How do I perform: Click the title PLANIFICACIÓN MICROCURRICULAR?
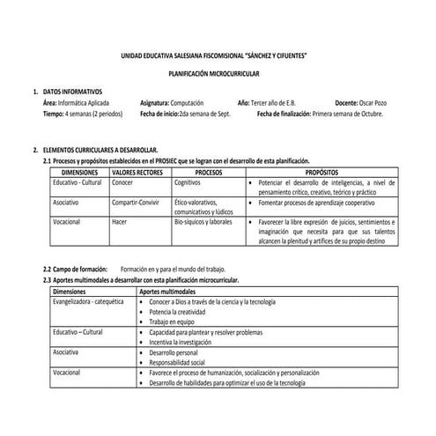pyautogui.click(x=218, y=74)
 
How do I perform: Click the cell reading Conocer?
pyautogui.click(x=123, y=182)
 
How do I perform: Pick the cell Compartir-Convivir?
pyautogui.click(x=139, y=202)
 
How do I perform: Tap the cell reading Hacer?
pyautogui.click(x=121, y=222)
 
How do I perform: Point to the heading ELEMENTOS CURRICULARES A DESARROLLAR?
pyautogui.click(x=100, y=151)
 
